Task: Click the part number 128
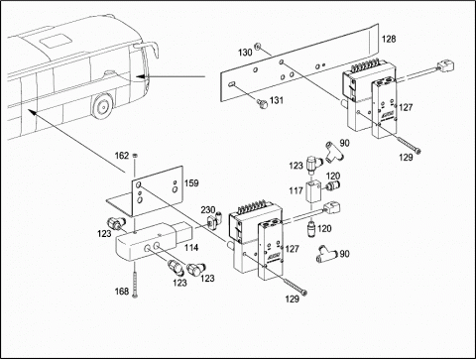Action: pos(389,39)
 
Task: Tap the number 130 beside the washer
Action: pos(245,53)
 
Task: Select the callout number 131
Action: pos(277,100)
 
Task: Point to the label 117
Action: pos(296,190)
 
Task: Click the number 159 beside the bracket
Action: pos(191,182)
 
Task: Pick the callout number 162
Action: pos(122,156)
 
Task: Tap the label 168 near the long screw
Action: pos(122,292)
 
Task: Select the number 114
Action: pos(191,247)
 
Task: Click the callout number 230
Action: pos(208,210)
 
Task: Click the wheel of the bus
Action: pos(102,106)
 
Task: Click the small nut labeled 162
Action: pos(135,155)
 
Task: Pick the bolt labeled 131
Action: pos(262,104)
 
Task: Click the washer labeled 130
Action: pos(258,47)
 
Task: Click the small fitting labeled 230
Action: pos(213,221)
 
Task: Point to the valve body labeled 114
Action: pos(153,241)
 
